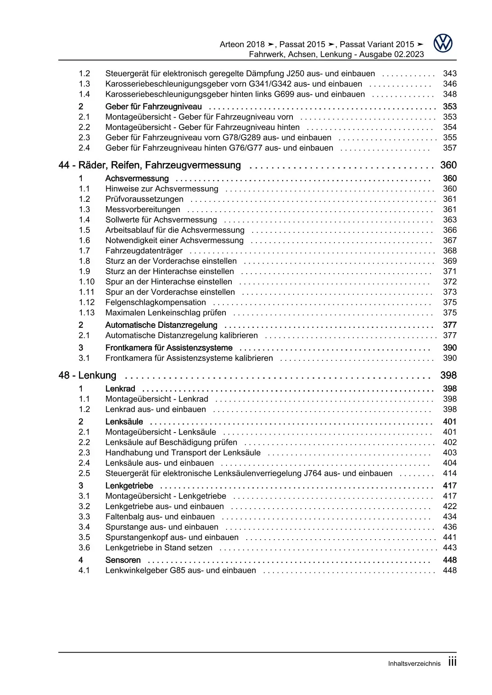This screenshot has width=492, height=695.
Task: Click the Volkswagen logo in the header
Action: click(443, 43)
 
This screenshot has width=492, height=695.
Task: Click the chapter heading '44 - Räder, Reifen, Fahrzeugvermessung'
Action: click(150, 165)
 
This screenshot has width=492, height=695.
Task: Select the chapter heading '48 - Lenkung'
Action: click(87, 375)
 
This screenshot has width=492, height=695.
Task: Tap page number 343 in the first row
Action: click(450, 74)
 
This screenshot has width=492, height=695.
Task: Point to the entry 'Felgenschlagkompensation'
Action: click(156, 303)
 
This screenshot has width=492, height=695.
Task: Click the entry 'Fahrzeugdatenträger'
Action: click(144, 251)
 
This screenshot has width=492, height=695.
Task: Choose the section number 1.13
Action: click(86, 313)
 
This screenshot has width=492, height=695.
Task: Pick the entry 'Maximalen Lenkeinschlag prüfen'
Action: click(165, 313)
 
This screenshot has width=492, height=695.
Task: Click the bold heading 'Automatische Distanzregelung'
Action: click(161, 325)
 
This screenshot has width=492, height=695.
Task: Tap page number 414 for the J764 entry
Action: click(450, 473)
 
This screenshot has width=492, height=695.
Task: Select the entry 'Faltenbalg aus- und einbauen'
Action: click(160, 517)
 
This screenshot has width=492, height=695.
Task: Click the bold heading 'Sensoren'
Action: click(123, 560)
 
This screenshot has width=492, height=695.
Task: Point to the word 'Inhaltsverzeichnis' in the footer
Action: click(414, 664)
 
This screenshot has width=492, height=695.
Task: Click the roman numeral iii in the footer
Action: click(452, 662)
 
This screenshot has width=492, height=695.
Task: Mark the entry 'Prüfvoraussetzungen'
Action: click(144, 199)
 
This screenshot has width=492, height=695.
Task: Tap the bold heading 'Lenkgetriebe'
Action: click(129, 486)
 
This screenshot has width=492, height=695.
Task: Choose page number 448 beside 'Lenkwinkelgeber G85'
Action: click(450, 571)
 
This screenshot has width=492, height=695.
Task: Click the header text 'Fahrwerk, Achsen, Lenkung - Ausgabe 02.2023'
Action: click(336, 54)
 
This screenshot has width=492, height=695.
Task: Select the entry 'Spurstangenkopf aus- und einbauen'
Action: click(172, 538)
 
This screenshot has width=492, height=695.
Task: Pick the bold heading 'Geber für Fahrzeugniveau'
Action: click(153, 107)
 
